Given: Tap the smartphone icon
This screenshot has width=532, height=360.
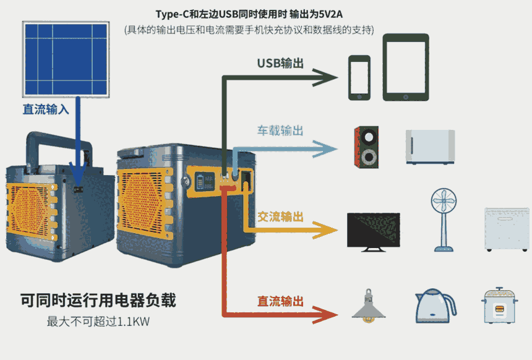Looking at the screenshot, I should (x=359, y=77).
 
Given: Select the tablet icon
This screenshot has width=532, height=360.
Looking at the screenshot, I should (x=406, y=67).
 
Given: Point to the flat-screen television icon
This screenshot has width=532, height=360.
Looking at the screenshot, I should (x=373, y=231).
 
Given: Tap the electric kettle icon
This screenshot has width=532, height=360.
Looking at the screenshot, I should (x=434, y=306).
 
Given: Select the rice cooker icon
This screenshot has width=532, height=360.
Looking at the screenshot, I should (x=499, y=305).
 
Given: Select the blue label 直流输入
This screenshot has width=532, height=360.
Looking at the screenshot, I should (x=46, y=109).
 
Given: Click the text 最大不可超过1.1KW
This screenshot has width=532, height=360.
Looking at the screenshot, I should (x=98, y=322).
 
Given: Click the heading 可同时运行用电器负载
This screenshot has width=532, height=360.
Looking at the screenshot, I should (x=98, y=301).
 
